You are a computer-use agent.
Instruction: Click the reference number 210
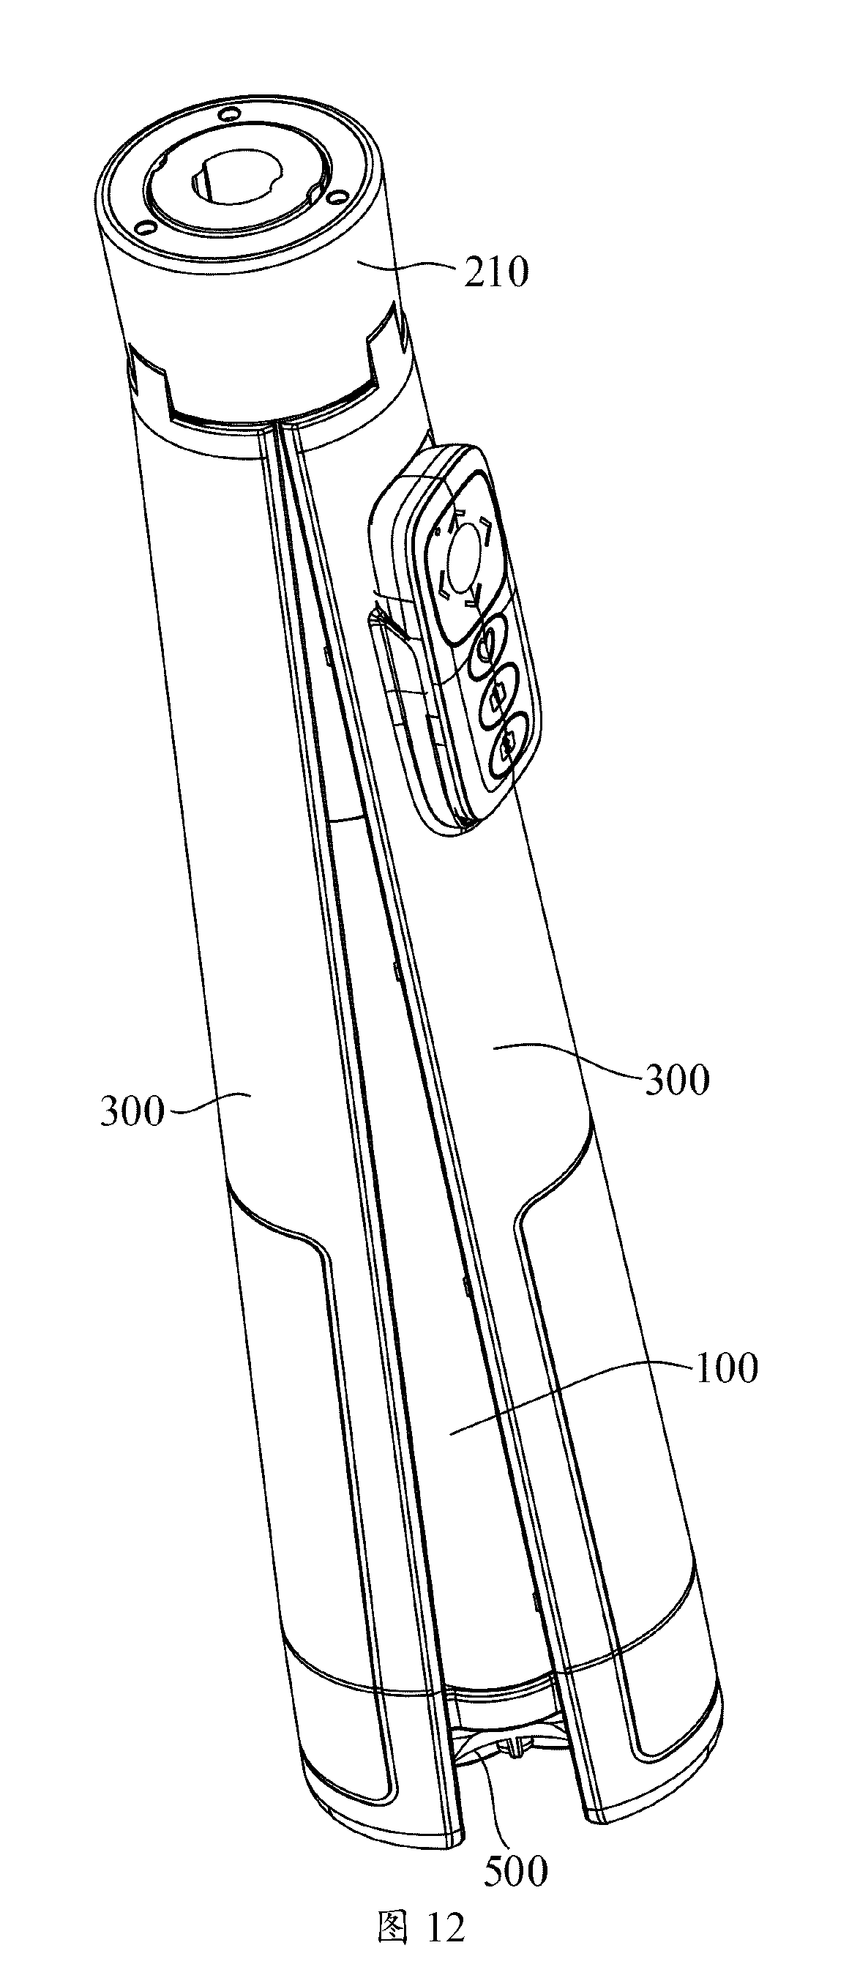[x=495, y=272]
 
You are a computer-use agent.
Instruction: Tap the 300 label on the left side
[x=132, y=1111]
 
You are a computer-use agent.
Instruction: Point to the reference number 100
[x=725, y=1367]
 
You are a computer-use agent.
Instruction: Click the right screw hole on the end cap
[x=333, y=198]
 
